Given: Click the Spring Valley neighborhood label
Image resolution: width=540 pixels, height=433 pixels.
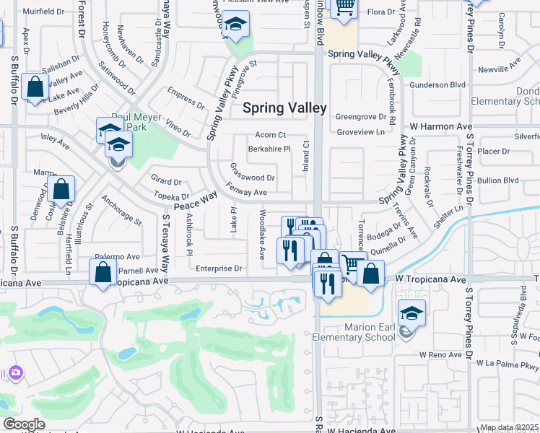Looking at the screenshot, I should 284,108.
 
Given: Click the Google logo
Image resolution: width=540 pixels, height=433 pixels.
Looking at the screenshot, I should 24,424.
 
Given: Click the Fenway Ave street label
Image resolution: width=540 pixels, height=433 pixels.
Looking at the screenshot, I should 246,193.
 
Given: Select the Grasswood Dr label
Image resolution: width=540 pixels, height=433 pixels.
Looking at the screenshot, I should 252,178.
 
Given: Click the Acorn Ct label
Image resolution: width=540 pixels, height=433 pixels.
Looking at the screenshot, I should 271,135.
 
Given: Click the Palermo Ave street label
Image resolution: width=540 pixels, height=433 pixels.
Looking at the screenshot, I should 118,256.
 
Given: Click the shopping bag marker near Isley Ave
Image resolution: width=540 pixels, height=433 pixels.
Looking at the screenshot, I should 63,189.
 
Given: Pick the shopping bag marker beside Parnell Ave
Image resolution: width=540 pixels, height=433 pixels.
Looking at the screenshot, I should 103,272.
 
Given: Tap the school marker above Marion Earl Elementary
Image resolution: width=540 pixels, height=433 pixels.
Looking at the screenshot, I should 411,313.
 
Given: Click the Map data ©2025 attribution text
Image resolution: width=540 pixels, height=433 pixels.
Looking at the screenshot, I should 508,427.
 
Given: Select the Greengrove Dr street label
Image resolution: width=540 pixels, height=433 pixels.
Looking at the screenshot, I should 360,115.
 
